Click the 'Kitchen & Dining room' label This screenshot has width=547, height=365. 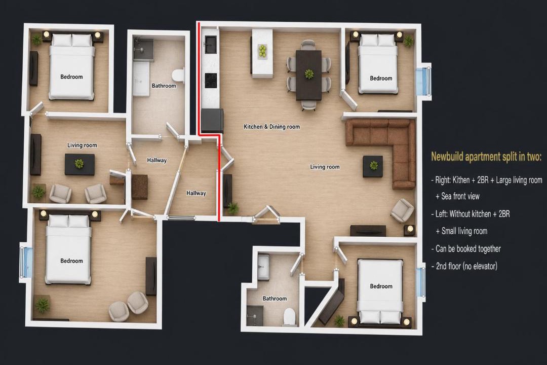(x=272, y=127)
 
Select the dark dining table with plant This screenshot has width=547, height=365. (x=309, y=75)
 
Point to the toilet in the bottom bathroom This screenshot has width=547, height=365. (x=290, y=317)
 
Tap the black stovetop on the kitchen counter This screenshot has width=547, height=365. (x=211, y=81)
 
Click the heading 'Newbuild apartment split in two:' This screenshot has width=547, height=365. (x=486, y=157)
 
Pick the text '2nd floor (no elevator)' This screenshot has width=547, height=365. (x=466, y=266)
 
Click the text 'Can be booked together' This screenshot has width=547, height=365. (x=468, y=249)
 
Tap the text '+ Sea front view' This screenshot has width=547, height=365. (x=457, y=196)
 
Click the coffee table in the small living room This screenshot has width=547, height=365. (x=80, y=165)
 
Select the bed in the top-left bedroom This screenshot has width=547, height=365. (x=72, y=66)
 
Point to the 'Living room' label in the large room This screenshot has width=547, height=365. (x=325, y=167)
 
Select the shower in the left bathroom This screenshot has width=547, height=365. (x=143, y=50)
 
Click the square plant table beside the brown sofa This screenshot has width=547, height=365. (x=373, y=166)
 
